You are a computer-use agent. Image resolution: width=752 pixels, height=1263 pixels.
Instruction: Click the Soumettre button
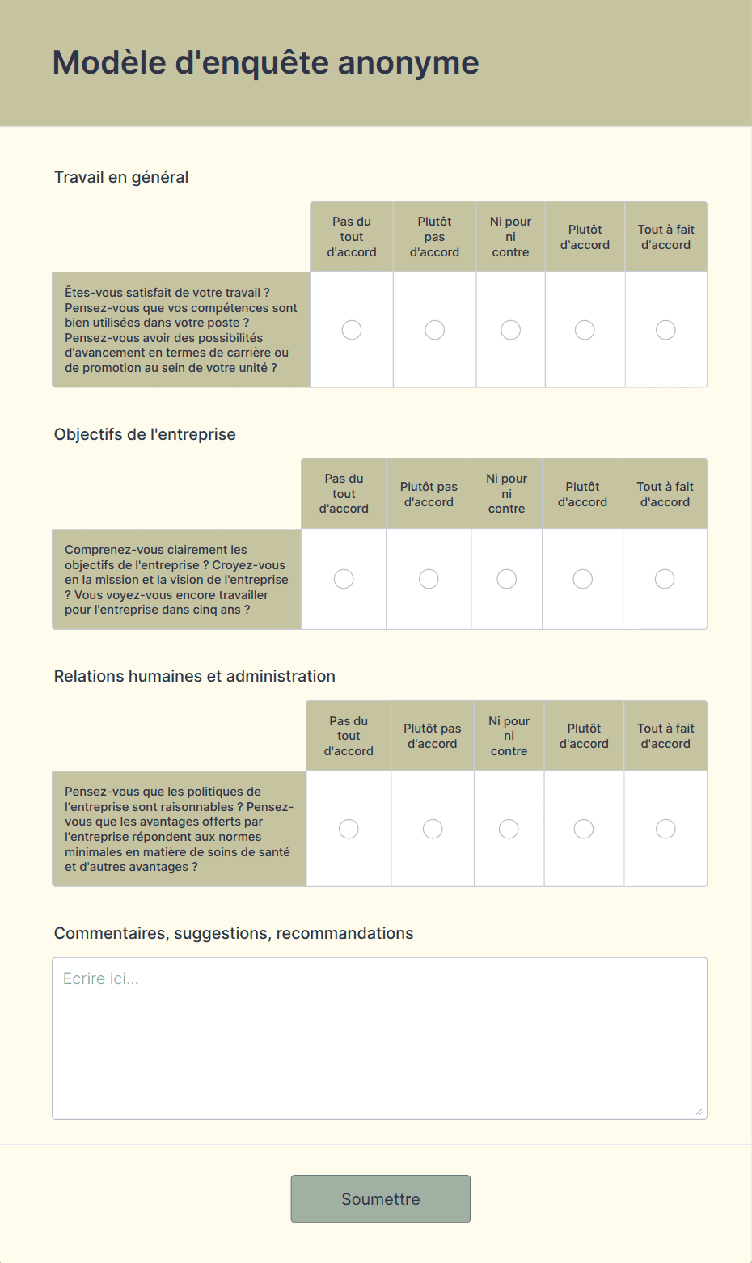[x=380, y=1198]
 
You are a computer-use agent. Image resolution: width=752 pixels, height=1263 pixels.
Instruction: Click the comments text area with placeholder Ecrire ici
[x=379, y=1038]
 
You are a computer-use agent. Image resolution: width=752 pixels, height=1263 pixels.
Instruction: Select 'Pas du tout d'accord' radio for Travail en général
[x=352, y=330]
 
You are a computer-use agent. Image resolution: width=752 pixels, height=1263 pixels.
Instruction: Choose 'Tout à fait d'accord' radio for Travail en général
[x=665, y=330]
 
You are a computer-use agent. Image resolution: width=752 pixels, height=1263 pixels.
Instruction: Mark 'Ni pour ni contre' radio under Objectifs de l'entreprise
[x=507, y=579]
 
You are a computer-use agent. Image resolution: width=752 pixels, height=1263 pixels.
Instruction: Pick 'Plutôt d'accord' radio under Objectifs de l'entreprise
[x=582, y=579]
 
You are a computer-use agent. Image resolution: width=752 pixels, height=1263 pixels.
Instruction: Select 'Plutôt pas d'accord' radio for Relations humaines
[x=433, y=829]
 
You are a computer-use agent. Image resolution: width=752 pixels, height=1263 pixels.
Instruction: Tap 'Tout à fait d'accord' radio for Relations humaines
[x=665, y=829]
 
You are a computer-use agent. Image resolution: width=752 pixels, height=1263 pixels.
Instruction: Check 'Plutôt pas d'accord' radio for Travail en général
[x=435, y=330]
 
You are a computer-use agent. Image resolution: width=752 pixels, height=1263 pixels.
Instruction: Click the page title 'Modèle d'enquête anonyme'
[x=266, y=63]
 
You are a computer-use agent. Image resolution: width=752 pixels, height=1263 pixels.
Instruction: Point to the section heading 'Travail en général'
[x=121, y=177]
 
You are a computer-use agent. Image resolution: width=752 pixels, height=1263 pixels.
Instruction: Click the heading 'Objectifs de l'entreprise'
[x=145, y=434]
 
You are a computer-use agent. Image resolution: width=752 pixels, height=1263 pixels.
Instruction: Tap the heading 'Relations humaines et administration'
[x=195, y=676]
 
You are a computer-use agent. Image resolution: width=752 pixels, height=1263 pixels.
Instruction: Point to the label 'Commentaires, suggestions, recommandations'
[x=234, y=933]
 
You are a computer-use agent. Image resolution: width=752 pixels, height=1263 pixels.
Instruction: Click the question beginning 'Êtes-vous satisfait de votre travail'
[x=181, y=330]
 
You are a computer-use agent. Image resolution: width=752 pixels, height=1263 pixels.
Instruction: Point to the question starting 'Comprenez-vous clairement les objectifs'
[x=176, y=579]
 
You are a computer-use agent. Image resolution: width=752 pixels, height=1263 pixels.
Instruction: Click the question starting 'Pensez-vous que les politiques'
[x=179, y=829]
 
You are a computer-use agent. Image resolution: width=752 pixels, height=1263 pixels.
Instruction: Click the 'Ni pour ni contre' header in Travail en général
[x=510, y=237]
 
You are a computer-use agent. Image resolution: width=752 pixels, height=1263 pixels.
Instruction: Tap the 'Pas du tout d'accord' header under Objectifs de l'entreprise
[x=344, y=493]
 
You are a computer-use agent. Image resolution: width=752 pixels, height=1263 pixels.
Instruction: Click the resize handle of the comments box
[x=699, y=1111]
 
